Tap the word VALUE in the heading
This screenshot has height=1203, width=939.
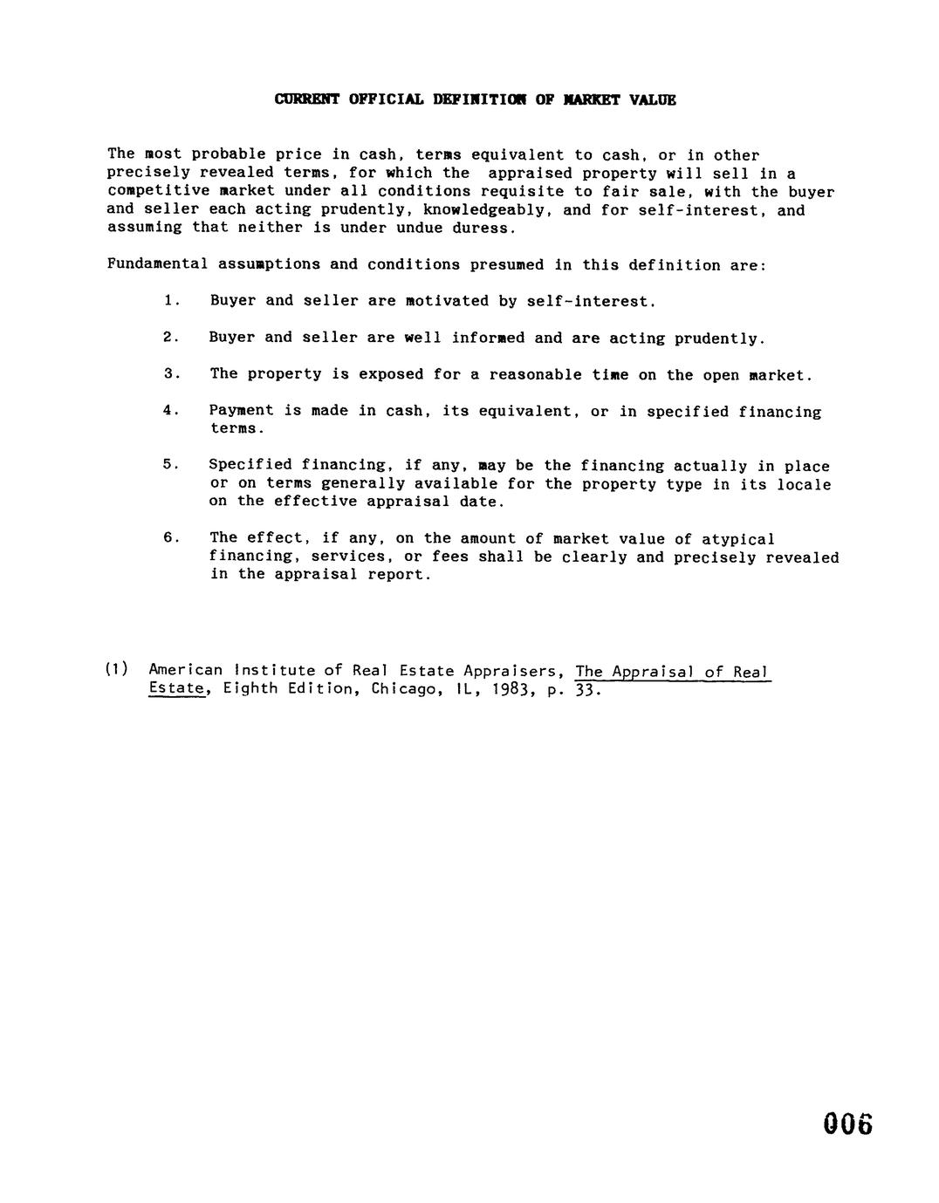click(655, 99)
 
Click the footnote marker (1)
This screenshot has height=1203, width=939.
click(117, 670)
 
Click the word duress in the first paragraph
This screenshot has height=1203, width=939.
click(484, 228)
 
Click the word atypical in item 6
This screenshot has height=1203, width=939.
click(738, 539)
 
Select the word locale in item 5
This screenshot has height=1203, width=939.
click(803, 484)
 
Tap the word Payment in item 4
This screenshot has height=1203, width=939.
click(242, 410)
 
